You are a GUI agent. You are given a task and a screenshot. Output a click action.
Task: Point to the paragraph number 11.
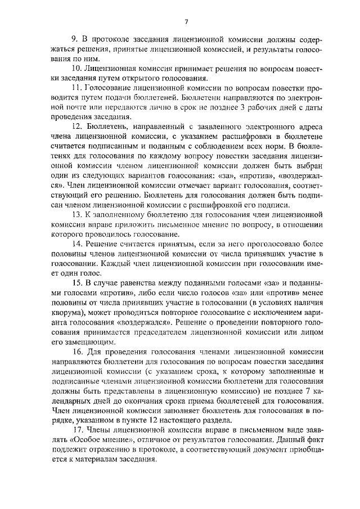click(76, 89)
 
